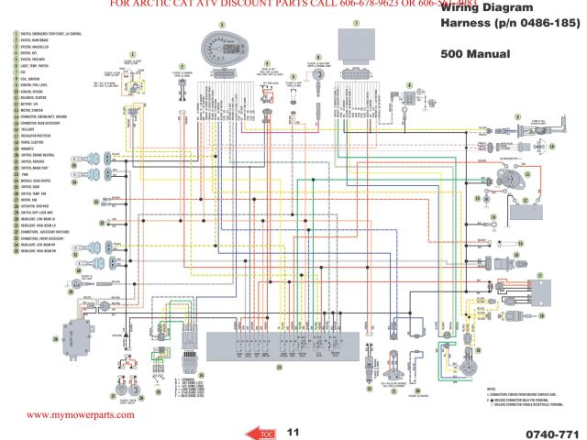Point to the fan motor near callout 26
(81, 334)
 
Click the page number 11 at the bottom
(293, 430)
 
